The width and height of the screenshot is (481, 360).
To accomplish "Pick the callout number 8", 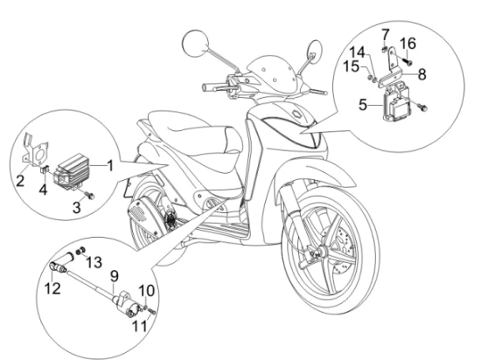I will pos(421,75).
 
